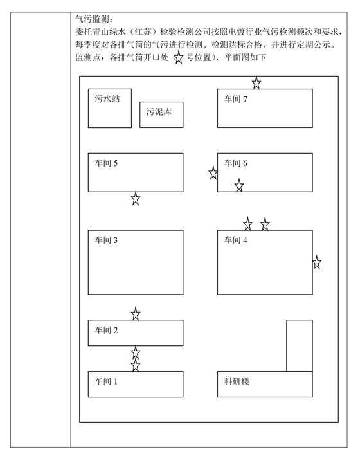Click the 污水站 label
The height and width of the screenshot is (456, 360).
pyautogui.click(x=107, y=99)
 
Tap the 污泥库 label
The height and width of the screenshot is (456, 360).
pyautogui.click(x=159, y=112)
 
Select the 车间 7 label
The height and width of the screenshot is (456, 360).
pyautogui.click(x=235, y=99)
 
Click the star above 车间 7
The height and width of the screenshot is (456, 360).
pyautogui.click(x=256, y=83)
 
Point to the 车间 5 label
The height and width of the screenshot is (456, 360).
pyautogui.click(x=106, y=163)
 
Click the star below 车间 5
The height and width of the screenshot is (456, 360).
pyautogui.click(x=136, y=198)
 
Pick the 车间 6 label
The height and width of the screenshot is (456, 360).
pyautogui.click(x=235, y=163)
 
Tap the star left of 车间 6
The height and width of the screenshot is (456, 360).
pyautogui.click(x=213, y=173)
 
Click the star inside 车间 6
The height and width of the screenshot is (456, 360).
pyautogui.click(x=239, y=185)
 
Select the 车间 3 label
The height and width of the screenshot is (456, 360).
pyautogui.click(x=106, y=240)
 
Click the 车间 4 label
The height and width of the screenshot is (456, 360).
pyautogui.click(x=235, y=240)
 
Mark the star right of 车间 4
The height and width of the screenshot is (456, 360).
pyautogui.click(x=317, y=262)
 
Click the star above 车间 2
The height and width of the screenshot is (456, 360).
pyautogui.click(x=136, y=314)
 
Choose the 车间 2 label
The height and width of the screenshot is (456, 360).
pyautogui.click(x=106, y=330)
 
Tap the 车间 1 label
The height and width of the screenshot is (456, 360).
pyautogui.click(x=106, y=381)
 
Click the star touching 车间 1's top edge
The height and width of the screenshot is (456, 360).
pyautogui.click(x=136, y=365)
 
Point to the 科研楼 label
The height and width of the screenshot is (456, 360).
pyautogui.click(x=237, y=381)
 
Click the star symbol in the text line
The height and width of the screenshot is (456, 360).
pyautogui.click(x=179, y=58)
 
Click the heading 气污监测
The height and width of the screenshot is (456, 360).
pyautogui.click(x=92, y=19)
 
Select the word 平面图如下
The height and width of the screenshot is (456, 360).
pyautogui.click(x=245, y=57)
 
